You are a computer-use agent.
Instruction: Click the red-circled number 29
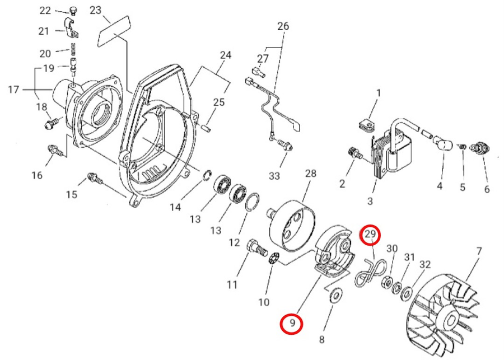pos(371,235)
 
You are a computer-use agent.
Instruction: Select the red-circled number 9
pos(292,324)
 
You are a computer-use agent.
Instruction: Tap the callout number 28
pos(310,174)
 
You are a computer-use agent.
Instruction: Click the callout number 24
pos(226,55)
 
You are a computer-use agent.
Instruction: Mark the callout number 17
pos(13,90)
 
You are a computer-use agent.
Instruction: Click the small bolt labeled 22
pos(73,11)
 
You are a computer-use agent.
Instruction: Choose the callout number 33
pos(274,176)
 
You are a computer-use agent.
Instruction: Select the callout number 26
pos(283,26)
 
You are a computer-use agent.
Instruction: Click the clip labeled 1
pos(366,125)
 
